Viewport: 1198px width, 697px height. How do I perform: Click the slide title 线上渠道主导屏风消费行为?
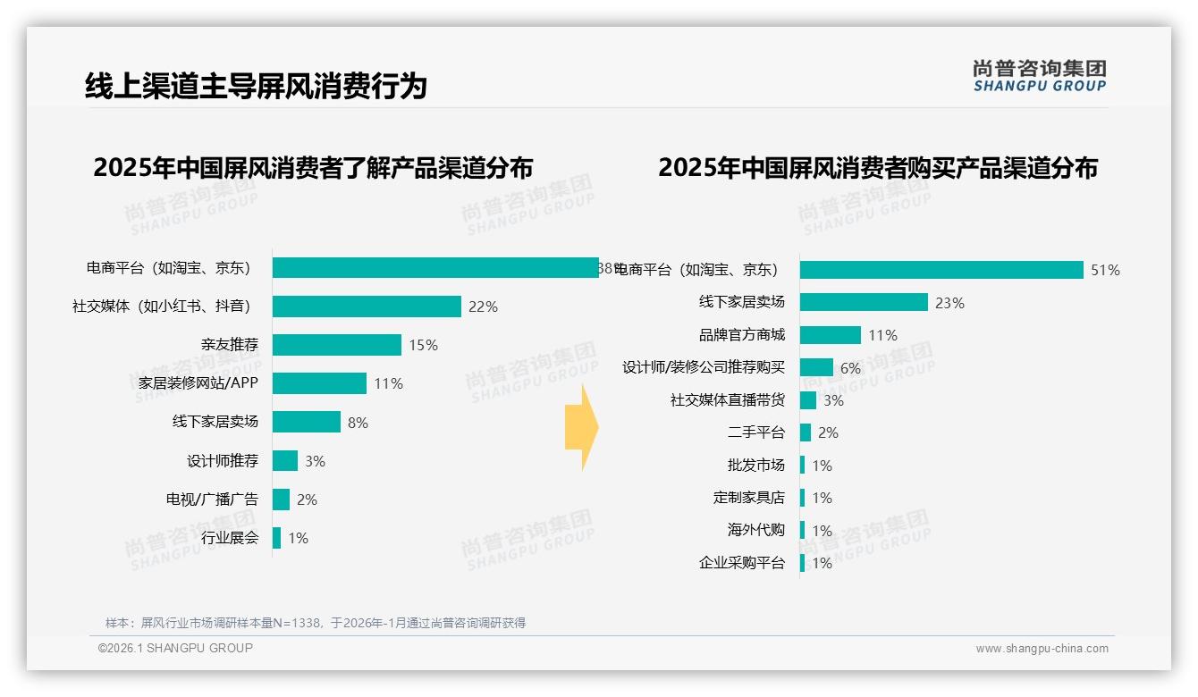(x=256, y=87)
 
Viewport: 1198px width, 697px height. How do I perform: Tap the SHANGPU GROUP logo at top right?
(x=1039, y=76)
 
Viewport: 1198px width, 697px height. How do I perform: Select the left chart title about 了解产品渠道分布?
(x=313, y=168)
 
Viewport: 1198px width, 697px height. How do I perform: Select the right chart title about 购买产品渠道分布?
(x=878, y=168)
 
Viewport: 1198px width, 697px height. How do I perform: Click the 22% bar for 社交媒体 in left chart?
(x=367, y=307)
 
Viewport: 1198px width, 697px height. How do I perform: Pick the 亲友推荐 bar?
(x=337, y=345)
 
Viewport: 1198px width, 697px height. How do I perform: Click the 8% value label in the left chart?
(x=358, y=423)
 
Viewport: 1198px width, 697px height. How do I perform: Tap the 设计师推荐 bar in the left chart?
(x=285, y=461)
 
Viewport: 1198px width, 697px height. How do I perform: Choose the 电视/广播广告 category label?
(x=212, y=500)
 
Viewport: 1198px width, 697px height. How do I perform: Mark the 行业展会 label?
(x=230, y=538)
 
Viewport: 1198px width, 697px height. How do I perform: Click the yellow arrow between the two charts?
(x=581, y=428)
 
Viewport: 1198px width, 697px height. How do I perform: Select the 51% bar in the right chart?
(x=941, y=270)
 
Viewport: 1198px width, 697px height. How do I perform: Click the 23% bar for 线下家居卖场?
(x=864, y=303)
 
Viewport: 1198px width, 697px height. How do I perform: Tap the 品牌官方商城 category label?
(x=742, y=335)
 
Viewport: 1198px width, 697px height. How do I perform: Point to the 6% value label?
(x=850, y=368)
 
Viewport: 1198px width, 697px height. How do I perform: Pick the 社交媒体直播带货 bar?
(x=808, y=400)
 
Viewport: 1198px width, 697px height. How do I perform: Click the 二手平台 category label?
(x=756, y=432)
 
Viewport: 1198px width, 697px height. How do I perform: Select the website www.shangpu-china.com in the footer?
(x=1042, y=649)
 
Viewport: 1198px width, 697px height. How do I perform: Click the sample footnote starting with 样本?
(x=316, y=623)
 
